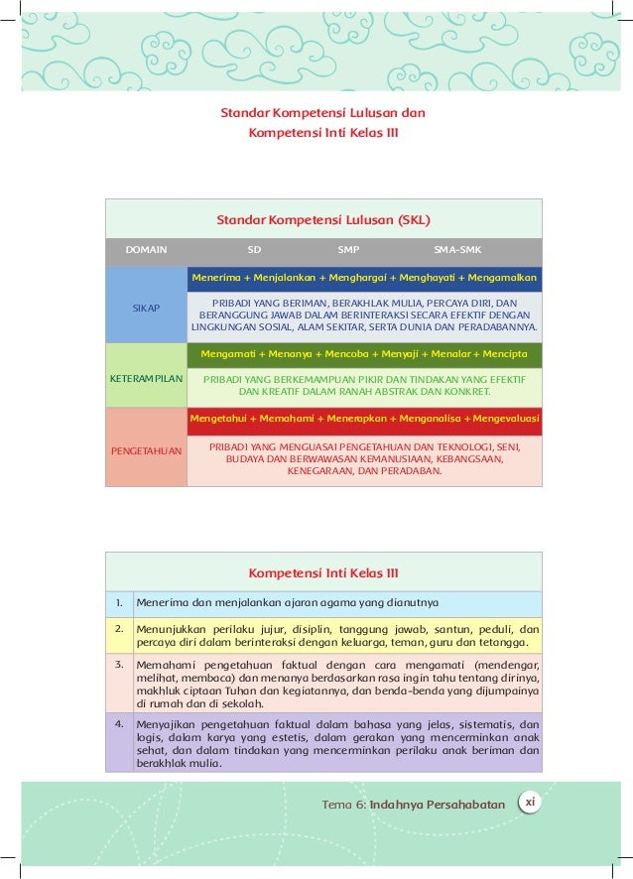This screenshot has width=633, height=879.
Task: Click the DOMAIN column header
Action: [146, 251]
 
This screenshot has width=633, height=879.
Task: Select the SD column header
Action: [254, 251]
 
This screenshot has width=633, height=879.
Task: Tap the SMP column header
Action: [348, 251]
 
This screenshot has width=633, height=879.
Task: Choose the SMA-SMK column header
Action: [457, 251]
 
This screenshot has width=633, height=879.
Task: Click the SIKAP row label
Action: [146, 309]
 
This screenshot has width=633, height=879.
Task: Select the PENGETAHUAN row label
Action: [146, 451]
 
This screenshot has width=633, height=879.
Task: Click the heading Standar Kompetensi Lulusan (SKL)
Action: [323, 219]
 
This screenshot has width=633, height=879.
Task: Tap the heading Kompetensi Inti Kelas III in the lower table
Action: [323, 572]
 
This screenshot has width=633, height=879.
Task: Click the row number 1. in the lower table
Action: [118, 601]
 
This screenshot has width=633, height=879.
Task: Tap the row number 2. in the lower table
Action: [118, 628]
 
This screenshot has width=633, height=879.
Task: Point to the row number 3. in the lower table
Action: [118, 663]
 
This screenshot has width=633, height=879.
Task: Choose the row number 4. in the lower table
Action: [118, 723]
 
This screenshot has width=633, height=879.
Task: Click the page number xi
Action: [530, 802]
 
